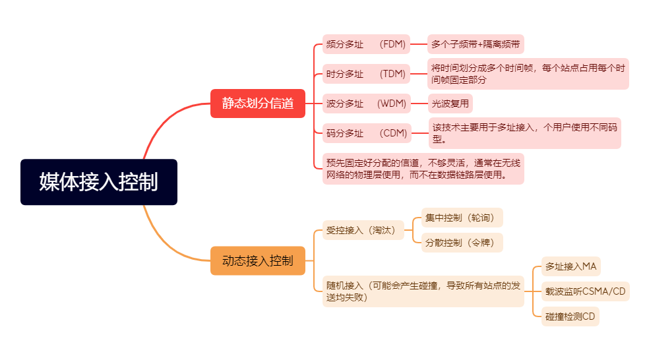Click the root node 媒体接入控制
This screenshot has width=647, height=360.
pos(99,182)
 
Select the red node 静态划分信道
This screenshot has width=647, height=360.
pos(258,104)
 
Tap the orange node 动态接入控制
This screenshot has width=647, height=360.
pos(258,260)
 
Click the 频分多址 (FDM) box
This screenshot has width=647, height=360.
pos(366,45)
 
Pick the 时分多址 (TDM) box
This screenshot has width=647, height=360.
pos(366,74)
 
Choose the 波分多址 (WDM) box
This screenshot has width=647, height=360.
pos(366,104)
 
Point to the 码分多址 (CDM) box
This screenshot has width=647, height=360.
pos(366,133)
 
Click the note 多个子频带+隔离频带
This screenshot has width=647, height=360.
pos(476,45)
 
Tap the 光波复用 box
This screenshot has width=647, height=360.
pos(450,104)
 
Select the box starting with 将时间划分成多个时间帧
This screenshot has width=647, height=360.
pos(528,74)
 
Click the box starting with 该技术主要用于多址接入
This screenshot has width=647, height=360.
pos(524,133)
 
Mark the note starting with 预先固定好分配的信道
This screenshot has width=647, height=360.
pos(423,169)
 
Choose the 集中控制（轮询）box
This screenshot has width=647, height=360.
pos(462,218)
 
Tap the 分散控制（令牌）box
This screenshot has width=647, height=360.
pos(462,243)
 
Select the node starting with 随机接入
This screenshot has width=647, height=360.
pos(423,291)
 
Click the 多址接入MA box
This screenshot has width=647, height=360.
pos(570,266)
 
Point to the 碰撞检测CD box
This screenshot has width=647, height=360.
pos(570,316)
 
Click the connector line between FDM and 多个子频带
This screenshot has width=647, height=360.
pos(419,45)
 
